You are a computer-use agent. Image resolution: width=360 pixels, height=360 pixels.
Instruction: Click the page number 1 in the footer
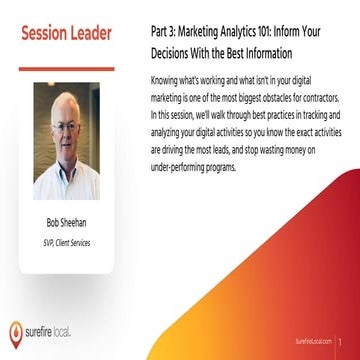tap(343, 342)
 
